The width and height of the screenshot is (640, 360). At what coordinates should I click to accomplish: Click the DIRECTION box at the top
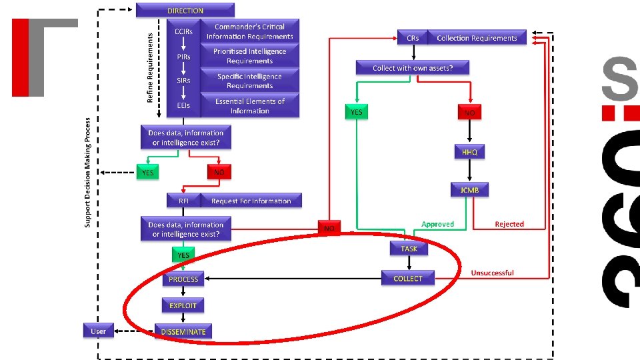(x=185, y=10)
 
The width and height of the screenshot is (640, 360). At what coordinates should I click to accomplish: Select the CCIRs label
(x=183, y=31)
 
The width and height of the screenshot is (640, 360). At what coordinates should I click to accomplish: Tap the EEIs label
(x=183, y=105)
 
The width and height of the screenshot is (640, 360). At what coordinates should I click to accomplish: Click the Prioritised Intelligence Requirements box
(x=249, y=56)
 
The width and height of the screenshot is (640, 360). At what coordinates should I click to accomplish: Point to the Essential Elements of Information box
(x=249, y=106)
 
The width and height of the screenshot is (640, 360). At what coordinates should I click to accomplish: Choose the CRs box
(x=412, y=38)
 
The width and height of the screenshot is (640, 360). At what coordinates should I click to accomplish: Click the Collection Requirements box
(x=477, y=38)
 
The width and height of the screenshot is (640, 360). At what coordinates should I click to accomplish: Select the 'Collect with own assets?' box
(x=412, y=68)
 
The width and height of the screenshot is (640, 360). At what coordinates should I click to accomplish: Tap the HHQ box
(x=470, y=152)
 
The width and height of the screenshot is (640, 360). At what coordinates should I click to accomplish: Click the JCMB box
(x=470, y=190)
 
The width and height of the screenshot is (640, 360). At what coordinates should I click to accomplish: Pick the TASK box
(x=409, y=249)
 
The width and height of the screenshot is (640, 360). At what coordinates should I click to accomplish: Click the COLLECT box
(x=408, y=278)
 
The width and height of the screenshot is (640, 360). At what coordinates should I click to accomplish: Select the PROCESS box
(x=183, y=279)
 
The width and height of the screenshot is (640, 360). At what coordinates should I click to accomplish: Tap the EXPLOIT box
(x=183, y=305)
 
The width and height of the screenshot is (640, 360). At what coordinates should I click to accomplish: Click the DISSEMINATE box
(x=183, y=331)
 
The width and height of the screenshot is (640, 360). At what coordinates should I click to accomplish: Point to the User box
(x=98, y=331)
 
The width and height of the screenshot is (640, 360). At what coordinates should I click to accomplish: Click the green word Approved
(x=437, y=225)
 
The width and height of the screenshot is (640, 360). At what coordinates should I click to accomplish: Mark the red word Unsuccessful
(x=492, y=273)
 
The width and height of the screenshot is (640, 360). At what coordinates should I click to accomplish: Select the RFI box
(x=183, y=201)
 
